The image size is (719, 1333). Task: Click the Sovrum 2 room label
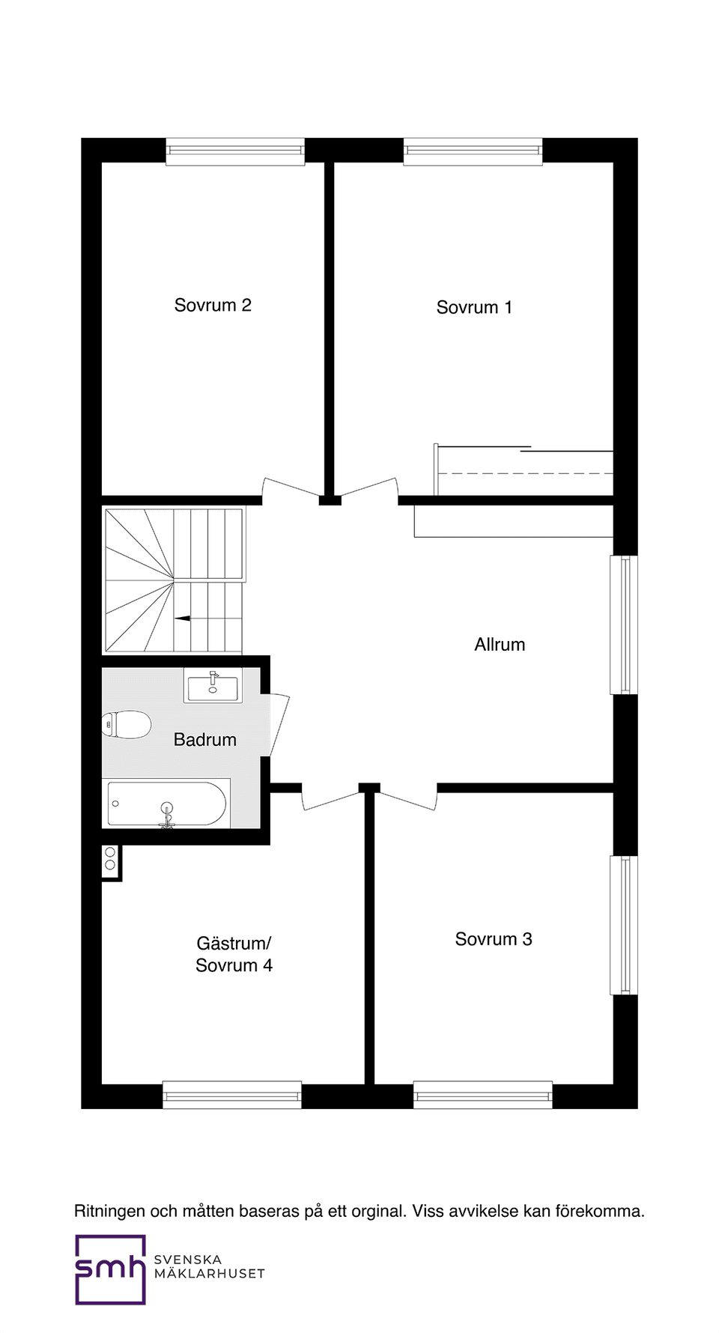[x=213, y=306]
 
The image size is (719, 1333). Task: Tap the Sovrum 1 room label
[x=474, y=308]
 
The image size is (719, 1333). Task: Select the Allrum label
[x=500, y=645]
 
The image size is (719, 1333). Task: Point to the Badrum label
[x=204, y=740]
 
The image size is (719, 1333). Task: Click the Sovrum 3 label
[x=494, y=939]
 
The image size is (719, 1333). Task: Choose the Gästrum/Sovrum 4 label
[x=234, y=954]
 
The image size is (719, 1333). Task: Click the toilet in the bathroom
[x=127, y=724]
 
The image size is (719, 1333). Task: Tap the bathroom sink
[x=213, y=686]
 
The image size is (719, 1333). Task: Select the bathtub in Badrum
[x=166, y=804]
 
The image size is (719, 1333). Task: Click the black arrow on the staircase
[x=183, y=619]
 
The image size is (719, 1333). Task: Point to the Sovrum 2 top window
[x=234, y=151]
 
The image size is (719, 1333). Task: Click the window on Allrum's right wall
[x=624, y=625]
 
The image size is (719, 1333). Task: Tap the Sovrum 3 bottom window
[x=482, y=1095]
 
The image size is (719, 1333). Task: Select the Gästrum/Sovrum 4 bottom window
[x=232, y=1095]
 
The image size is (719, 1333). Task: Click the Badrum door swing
[x=279, y=723]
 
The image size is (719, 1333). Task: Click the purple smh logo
[x=110, y=1269]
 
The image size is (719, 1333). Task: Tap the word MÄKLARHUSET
[x=209, y=1274]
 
